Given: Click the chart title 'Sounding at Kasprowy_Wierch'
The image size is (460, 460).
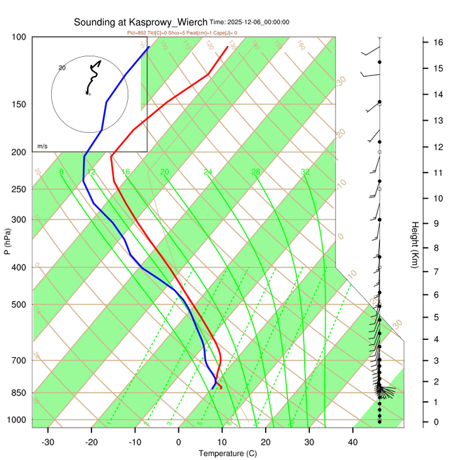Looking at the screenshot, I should click(141, 22).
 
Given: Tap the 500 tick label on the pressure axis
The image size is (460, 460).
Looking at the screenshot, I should click(19, 304).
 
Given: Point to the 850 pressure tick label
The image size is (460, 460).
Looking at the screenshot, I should click(19, 392).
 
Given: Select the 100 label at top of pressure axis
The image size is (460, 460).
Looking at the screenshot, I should click(19, 37).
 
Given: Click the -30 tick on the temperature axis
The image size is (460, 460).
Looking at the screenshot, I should click(48, 442).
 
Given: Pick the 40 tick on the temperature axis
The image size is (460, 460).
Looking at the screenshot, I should click(353, 442).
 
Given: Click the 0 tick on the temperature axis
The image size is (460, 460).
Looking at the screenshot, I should click(178, 442).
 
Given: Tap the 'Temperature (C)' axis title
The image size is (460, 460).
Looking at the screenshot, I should click(227, 454).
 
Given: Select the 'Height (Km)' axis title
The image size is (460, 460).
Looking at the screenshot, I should click(414, 245).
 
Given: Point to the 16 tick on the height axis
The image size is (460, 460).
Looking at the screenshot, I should click(439, 42).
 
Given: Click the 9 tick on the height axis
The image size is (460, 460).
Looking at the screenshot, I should click(436, 223).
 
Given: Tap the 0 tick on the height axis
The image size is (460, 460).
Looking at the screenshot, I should click(436, 422).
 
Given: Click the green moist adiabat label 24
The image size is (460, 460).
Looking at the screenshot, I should click(208, 172).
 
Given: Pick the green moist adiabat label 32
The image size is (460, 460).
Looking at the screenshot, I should click(305, 172).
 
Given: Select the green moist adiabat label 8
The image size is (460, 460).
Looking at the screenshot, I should click(61, 172).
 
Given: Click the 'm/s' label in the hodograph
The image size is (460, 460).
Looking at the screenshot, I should click(42, 146).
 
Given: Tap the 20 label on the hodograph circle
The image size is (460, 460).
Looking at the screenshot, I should click(62, 67).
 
